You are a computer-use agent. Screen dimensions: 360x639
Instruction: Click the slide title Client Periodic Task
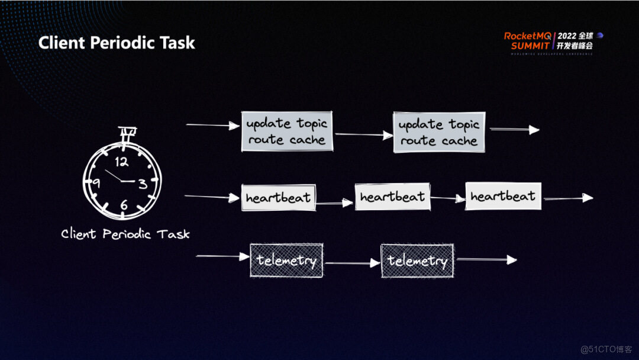click(x=117, y=43)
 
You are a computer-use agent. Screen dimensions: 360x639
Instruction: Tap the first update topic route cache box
click(x=287, y=131)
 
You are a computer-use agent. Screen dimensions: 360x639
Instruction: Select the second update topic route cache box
click(x=439, y=132)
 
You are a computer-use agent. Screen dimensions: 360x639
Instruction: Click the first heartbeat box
click(x=277, y=198)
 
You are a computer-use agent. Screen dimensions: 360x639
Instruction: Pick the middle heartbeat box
click(x=392, y=197)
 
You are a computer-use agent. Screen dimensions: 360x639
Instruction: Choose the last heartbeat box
click(x=503, y=196)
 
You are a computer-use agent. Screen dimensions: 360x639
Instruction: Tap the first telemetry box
click(x=286, y=260)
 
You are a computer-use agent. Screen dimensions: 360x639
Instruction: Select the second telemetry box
click(x=417, y=261)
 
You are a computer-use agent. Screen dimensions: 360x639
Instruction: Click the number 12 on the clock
click(x=122, y=161)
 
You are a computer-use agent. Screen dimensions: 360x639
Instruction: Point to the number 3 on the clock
click(x=143, y=184)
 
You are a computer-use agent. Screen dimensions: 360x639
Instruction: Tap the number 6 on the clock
click(x=124, y=205)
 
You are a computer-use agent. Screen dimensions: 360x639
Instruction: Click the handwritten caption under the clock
click(x=125, y=234)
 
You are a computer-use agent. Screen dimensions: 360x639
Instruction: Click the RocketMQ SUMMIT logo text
click(x=527, y=40)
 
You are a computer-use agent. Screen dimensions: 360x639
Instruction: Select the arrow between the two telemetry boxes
click(x=353, y=262)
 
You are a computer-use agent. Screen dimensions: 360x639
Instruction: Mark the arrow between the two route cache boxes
click(x=363, y=135)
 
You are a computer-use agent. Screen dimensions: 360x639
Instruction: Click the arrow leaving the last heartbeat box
click(x=567, y=198)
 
